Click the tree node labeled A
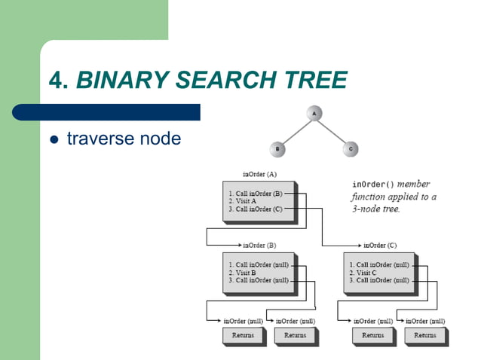point(314,113)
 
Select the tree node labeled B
point(278,149)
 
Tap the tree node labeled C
point(351,149)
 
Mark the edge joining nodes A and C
point(332,131)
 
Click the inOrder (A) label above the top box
point(259,174)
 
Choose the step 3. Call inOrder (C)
point(255,209)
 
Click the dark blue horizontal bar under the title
point(106,112)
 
